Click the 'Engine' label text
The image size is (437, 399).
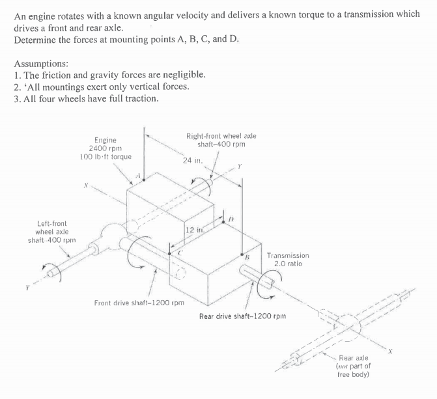pos(106,140)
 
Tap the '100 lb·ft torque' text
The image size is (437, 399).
pos(106,157)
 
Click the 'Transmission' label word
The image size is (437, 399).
pos(287,256)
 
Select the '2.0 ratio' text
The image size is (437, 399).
pos(287,264)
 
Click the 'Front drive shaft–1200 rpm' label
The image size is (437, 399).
pos(139,303)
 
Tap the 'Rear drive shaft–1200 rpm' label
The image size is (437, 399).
pos(240,316)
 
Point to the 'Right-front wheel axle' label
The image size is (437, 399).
pos(221,136)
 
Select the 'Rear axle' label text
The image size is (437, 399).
pos(354,358)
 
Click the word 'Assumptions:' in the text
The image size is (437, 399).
pos(41,64)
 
